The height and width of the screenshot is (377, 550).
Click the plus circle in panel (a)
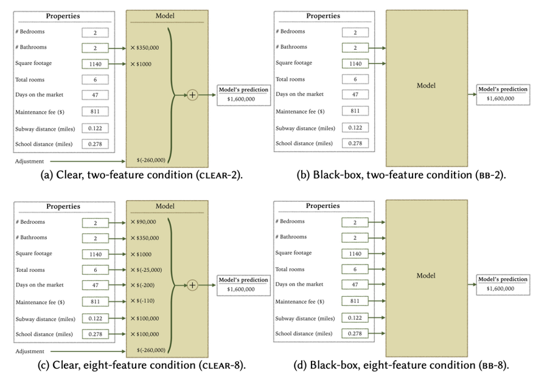pos(193,95)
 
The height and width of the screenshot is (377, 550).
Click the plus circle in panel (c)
pos(193,285)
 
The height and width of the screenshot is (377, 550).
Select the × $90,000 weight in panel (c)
pos(143,223)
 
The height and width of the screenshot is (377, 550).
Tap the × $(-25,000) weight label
pos(146,269)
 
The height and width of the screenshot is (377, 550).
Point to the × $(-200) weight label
pos(143,285)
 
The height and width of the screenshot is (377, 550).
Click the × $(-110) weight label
pos(143,300)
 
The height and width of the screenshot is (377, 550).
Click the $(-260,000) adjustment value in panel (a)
pos(151,161)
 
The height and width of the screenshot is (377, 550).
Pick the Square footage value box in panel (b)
pos(355,63)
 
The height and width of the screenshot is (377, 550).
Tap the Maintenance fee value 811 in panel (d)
pos(355,301)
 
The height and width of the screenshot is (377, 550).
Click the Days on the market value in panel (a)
pos(95,95)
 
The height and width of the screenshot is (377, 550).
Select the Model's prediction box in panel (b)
pos(503,94)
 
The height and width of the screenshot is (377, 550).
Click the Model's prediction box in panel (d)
pos(503,284)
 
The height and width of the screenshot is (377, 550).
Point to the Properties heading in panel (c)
pos(63,207)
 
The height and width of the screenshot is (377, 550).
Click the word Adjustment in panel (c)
pos(29,351)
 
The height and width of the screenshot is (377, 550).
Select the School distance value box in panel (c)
pos(95,334)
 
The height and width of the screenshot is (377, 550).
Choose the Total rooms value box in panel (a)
pos(95,80)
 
